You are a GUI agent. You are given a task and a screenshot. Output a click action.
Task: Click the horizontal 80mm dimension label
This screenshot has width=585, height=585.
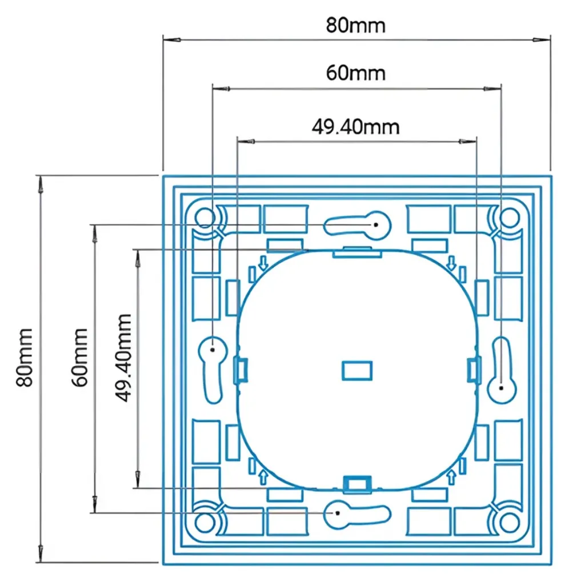point(355,26)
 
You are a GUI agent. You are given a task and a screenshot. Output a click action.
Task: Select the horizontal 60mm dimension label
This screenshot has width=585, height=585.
point(355,73)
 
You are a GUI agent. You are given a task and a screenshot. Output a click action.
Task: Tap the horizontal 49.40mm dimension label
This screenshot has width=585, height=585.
point(355,126)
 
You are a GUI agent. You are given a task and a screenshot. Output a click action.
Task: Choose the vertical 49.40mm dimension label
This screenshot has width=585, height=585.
point(125,357)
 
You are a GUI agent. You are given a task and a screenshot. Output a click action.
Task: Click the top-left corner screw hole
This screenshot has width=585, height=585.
point(204,218)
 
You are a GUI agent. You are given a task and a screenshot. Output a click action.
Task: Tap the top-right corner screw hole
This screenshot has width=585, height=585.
point(508,218)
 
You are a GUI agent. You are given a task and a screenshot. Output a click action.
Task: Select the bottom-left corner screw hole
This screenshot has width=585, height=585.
point(204,521)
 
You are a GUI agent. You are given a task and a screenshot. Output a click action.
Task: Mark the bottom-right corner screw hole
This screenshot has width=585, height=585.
point(508,521)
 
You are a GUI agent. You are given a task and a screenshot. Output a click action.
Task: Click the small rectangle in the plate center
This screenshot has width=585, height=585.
point(357,370)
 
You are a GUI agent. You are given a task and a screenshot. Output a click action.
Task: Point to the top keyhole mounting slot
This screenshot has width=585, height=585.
point(357,224)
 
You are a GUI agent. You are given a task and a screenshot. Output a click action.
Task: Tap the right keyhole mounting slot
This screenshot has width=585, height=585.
point(501,371)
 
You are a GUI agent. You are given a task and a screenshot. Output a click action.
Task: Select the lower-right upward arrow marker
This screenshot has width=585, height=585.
point(451,475)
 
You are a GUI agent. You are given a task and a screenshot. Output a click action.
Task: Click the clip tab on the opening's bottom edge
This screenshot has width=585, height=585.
point(357,484)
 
